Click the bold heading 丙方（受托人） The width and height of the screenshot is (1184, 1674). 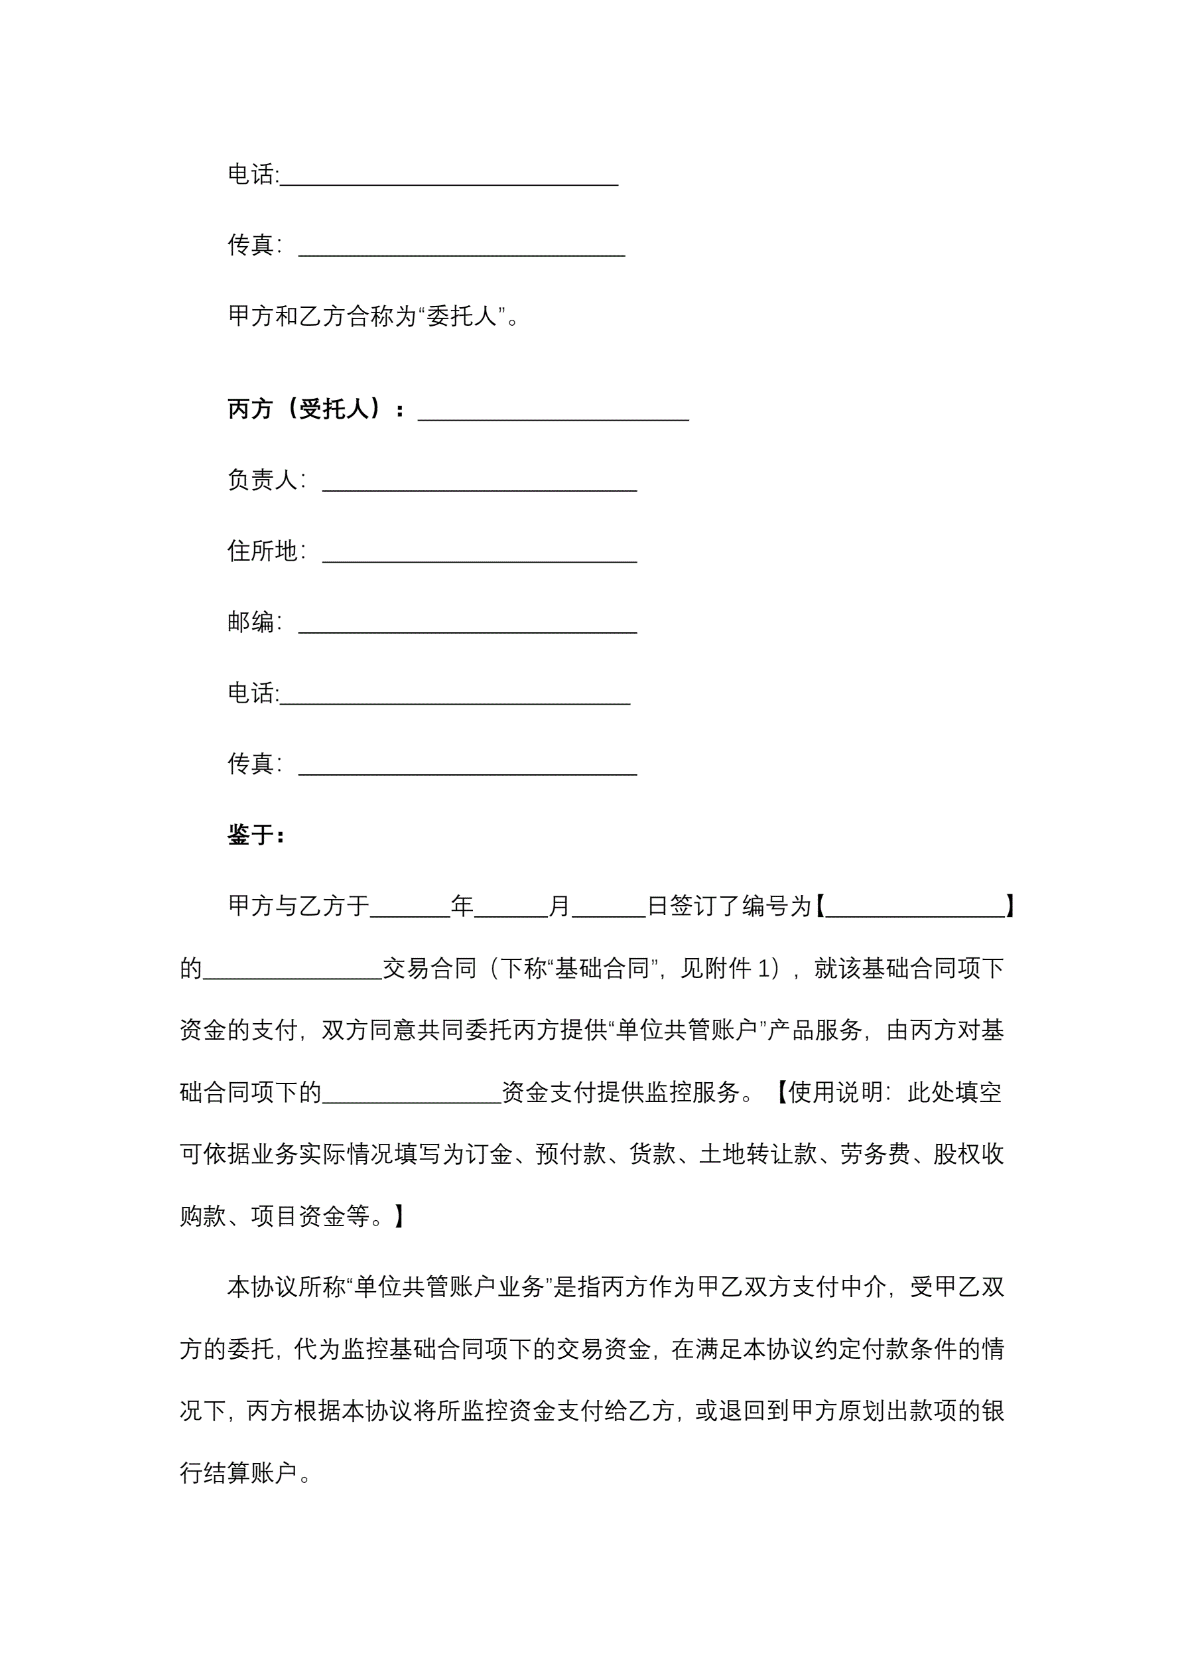(x=304, y=409)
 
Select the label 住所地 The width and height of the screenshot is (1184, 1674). (x=263, y=551)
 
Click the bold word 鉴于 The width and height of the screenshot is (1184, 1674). (x=251, y=835)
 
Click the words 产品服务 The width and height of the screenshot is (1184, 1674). (x=815, y=1030)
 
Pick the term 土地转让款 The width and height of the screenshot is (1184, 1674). (x=757, y=1154)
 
